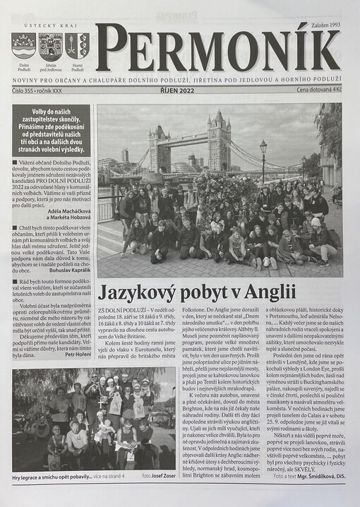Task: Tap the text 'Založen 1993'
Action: click(324, 25)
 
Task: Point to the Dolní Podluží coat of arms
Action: click(23, 46)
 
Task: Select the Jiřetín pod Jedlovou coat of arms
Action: click(51, 46)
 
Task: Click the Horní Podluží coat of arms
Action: click(77, 46)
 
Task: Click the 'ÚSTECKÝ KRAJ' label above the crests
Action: click(51, 26)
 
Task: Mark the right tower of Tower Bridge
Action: click(219, 141)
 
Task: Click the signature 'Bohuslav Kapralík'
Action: click(69, 270)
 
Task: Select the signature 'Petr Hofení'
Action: click(78, 354)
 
